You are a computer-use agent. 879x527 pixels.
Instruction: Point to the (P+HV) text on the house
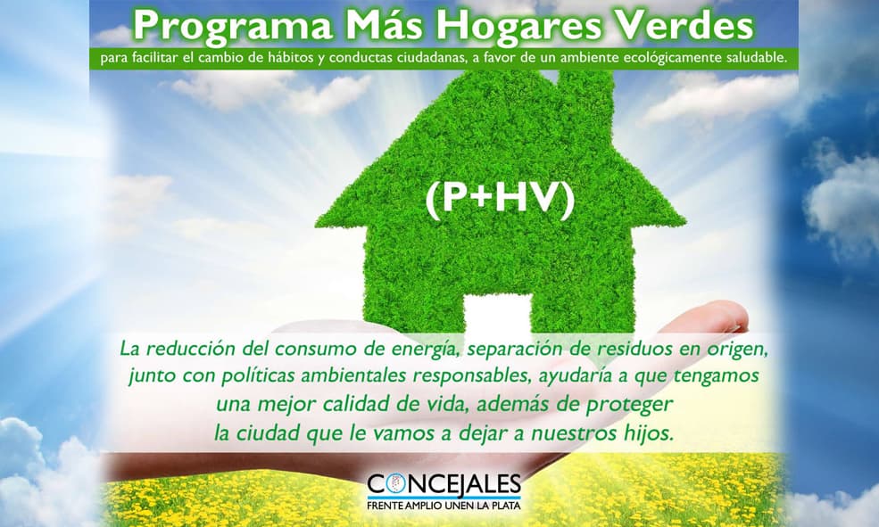[x=498, y=202]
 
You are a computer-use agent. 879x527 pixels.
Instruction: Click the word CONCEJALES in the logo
[x=444, y=485]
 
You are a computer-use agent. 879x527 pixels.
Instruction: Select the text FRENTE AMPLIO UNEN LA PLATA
[x=444, y=506]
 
